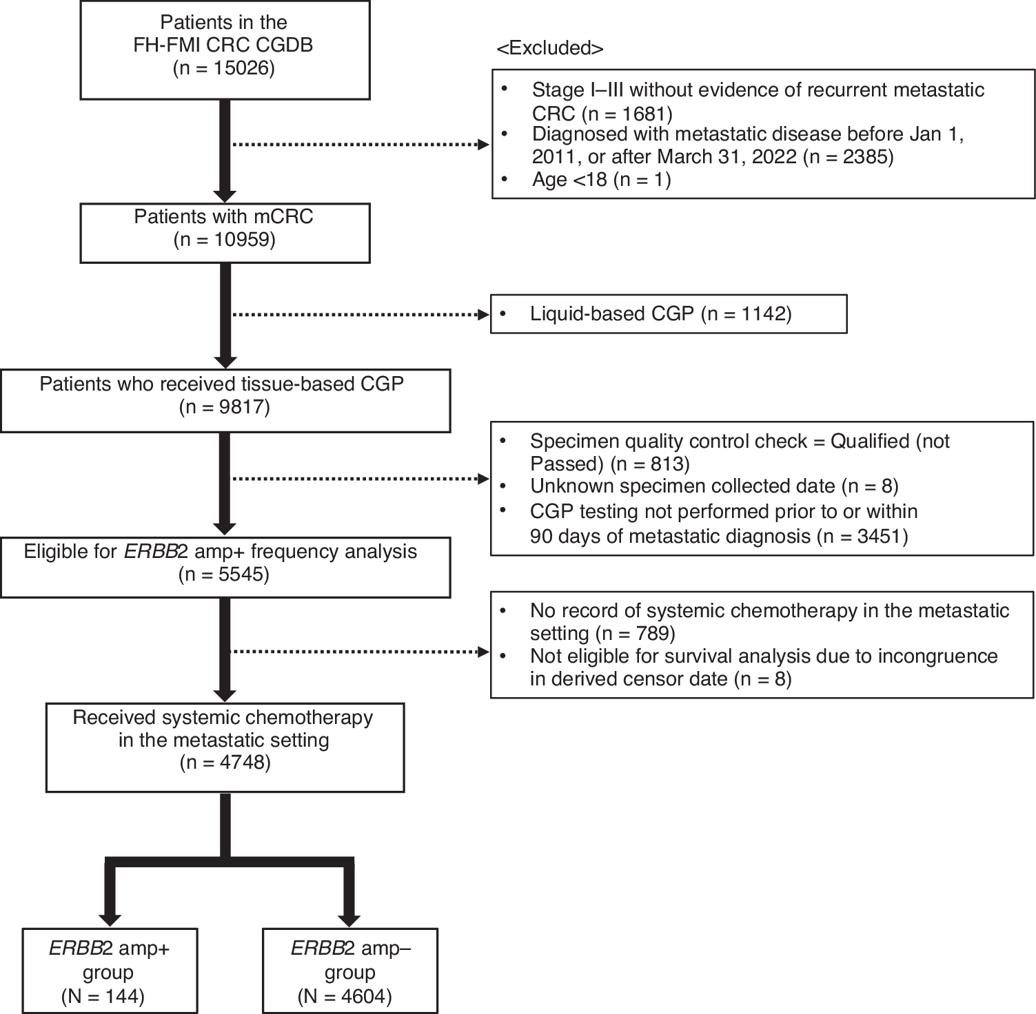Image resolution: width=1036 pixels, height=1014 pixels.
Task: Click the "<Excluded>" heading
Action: coord(549,48)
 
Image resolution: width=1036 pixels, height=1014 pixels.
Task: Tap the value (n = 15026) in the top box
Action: coord(224,69)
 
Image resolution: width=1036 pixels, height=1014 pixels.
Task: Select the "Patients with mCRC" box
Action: coord(225,233)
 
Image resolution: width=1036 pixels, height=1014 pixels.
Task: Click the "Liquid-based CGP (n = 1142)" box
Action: coord(668,314)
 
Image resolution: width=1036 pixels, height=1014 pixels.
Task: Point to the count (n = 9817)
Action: coord(224,407)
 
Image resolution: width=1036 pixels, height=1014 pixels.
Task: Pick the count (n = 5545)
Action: coord(224,575)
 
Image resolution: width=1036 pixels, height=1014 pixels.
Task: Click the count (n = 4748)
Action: coord(225,763)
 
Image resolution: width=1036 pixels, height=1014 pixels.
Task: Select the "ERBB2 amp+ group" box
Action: coord(109,971)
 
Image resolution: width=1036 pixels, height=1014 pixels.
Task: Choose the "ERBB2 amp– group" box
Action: coord(350,971)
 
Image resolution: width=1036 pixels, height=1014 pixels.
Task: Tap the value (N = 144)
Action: coord(103,996)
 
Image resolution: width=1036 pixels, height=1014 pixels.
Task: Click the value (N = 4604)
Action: coord(345,996)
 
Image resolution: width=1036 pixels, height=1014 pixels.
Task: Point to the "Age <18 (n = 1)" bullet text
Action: coord(601,180)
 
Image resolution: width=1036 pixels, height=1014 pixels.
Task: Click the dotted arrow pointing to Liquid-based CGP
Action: coord(358,315)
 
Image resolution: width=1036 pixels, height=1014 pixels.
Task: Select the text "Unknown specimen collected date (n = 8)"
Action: coord(714,486)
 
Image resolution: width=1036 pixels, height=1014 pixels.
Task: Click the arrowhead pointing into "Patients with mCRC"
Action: coord(225,195)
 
